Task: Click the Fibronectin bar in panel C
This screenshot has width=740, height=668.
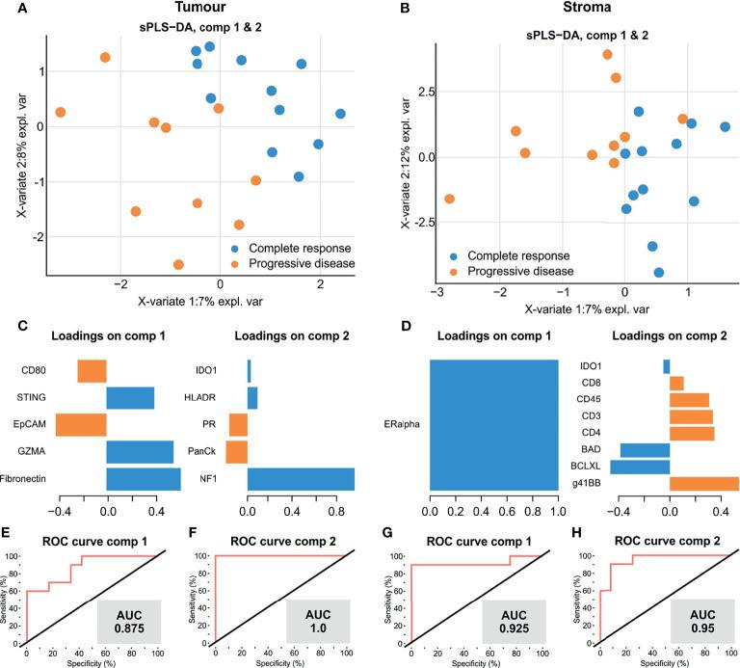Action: tap(144, 479)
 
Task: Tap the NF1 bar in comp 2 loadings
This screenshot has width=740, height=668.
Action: tap(301, 479)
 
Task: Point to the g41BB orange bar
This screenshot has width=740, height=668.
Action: tap(703, 484)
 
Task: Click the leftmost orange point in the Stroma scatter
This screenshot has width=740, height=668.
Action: tap(449, 199)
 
